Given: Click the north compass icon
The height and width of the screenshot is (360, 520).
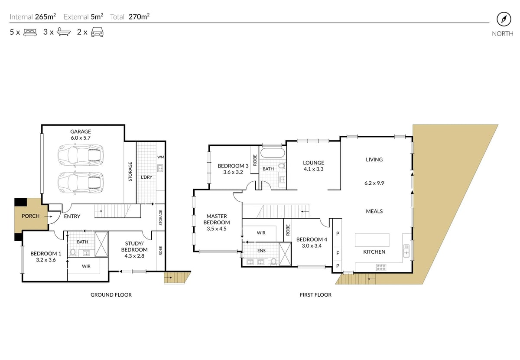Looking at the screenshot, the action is pos(504,19).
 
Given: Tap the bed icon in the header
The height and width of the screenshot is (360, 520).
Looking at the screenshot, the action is pos(30,32).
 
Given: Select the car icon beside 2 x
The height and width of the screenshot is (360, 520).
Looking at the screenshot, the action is pos(97,32).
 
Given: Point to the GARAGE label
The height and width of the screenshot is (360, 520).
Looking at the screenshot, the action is pos(81,131).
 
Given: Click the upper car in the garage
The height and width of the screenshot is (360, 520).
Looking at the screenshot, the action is pos(81,155).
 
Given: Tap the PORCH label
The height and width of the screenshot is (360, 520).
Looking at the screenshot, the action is pos(30,216).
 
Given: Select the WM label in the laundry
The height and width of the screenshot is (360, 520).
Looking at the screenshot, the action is pos(161,157).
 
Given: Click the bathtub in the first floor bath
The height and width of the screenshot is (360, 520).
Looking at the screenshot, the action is pos(272,153).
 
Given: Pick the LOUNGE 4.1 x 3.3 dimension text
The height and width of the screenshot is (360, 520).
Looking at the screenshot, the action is pos(313,169).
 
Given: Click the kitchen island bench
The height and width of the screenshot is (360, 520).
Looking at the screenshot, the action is pos(372,240).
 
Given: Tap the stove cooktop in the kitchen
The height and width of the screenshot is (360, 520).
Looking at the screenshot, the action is pos(381,268).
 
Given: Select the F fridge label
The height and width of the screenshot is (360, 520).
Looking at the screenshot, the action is pos(338,253).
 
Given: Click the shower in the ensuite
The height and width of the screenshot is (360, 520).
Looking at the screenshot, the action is pos(285,254).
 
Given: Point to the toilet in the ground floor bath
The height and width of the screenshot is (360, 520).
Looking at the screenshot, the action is pos(73,252).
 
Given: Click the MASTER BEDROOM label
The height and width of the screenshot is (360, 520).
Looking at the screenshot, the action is pos(217,219).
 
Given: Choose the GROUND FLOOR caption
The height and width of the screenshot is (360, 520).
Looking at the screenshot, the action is pos(111,295).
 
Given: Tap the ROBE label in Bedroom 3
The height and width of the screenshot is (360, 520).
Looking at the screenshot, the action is pos(255,160).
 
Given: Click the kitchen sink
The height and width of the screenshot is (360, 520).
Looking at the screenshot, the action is pos(406,251).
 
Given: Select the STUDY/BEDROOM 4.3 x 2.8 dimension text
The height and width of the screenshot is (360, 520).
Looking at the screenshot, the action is pos(134,256).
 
